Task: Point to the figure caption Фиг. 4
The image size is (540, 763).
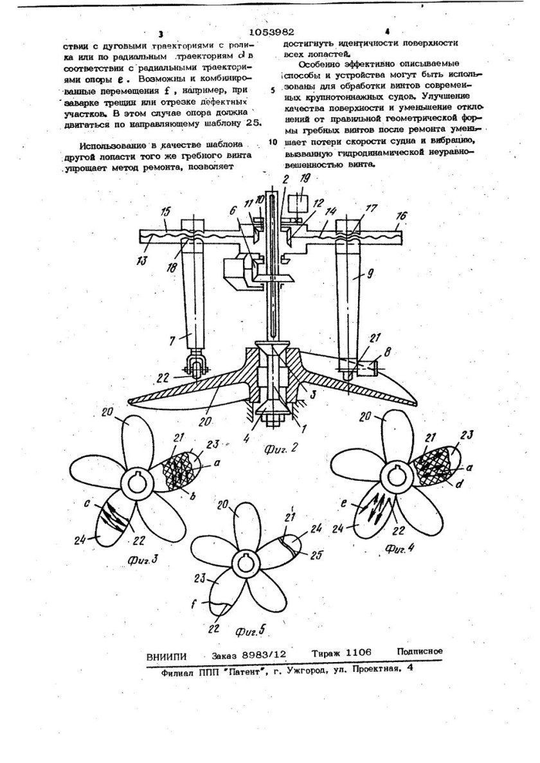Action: tap(401, 548)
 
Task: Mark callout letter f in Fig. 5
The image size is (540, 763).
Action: tap(208, 602)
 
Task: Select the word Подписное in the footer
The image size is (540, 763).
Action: tap(420, 651)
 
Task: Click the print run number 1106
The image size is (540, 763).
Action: tap(351, 653)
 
